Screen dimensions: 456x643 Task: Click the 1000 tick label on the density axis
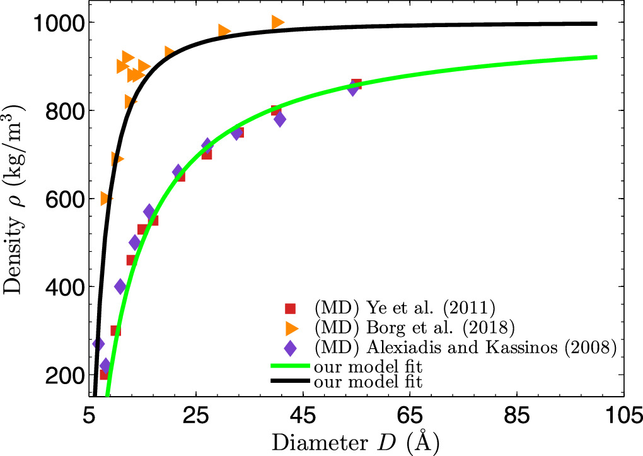point(57,23)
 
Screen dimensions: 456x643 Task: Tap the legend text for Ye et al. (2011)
point(405,308)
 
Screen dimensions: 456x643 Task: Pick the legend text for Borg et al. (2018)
point(414,327)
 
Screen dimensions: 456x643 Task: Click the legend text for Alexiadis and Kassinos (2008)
point(465,347)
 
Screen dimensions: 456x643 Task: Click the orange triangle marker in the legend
point(291,327)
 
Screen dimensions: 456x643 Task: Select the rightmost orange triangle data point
point(278,22)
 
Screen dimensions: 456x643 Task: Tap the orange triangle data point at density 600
point(106,199)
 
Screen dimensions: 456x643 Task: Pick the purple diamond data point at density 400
point(120,287)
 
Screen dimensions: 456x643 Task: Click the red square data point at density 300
point(115,330)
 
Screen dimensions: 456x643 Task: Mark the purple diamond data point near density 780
point(280,119)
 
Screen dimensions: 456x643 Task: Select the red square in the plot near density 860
point(356,84)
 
